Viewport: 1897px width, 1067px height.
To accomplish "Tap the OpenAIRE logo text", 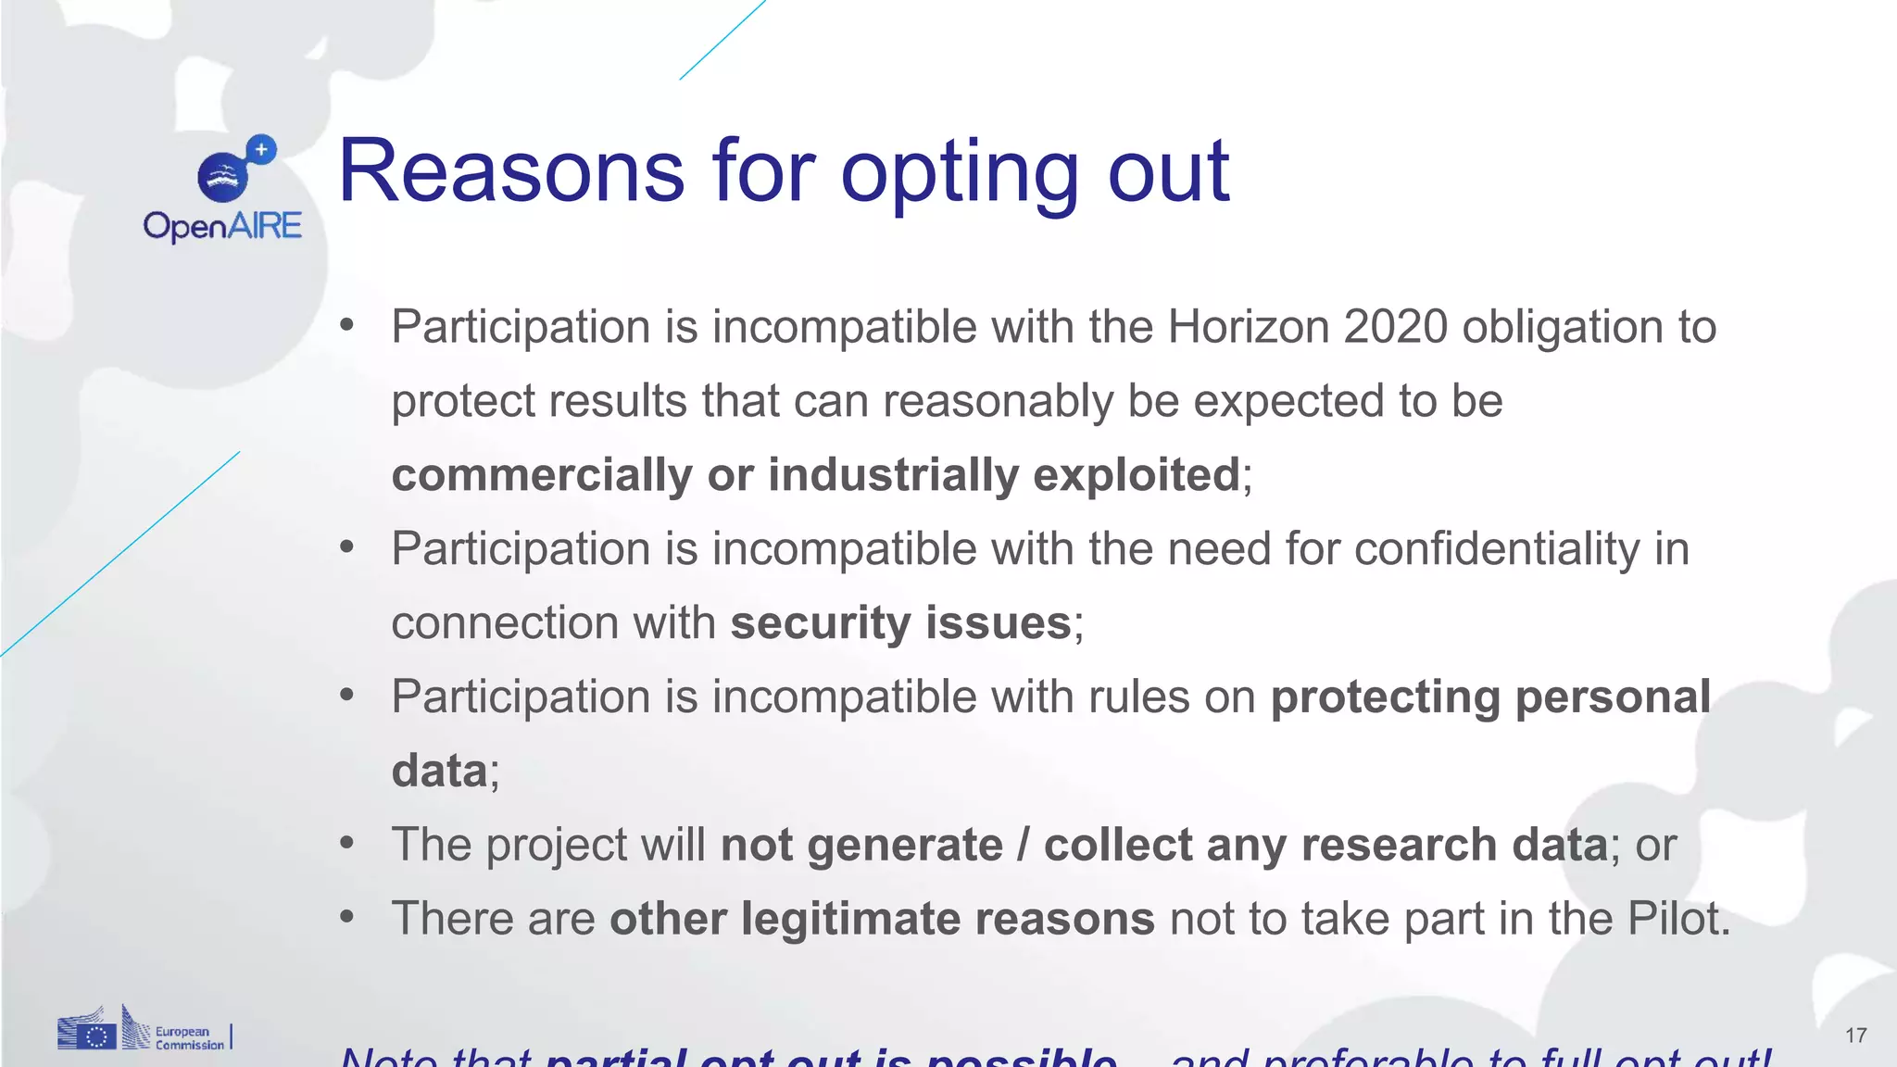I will click(222, 226).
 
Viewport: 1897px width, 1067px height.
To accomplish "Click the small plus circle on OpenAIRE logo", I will click(262, 149).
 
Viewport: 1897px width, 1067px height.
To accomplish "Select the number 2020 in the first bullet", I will click(1395, 327).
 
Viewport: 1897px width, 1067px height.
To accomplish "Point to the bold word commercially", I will click(541, 475).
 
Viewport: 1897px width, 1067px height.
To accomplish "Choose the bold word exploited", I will click(1136, 475).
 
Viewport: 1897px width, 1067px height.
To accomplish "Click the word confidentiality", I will click(1497, 548).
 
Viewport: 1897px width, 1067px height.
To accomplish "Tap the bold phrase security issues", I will click(900, 622).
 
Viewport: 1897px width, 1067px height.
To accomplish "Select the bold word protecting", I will click(1385, 697).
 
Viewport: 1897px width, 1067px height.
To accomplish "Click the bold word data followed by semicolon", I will click(439, 771).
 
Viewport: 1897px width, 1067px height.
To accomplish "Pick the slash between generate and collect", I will click(1024, 845).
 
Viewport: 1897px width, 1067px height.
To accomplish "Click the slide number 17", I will click(1855, 1036).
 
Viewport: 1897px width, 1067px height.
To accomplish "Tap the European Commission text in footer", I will click(189, 1038).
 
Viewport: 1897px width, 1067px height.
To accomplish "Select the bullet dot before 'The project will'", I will click(347, 843).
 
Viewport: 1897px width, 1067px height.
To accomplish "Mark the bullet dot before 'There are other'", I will click(347, 917).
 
